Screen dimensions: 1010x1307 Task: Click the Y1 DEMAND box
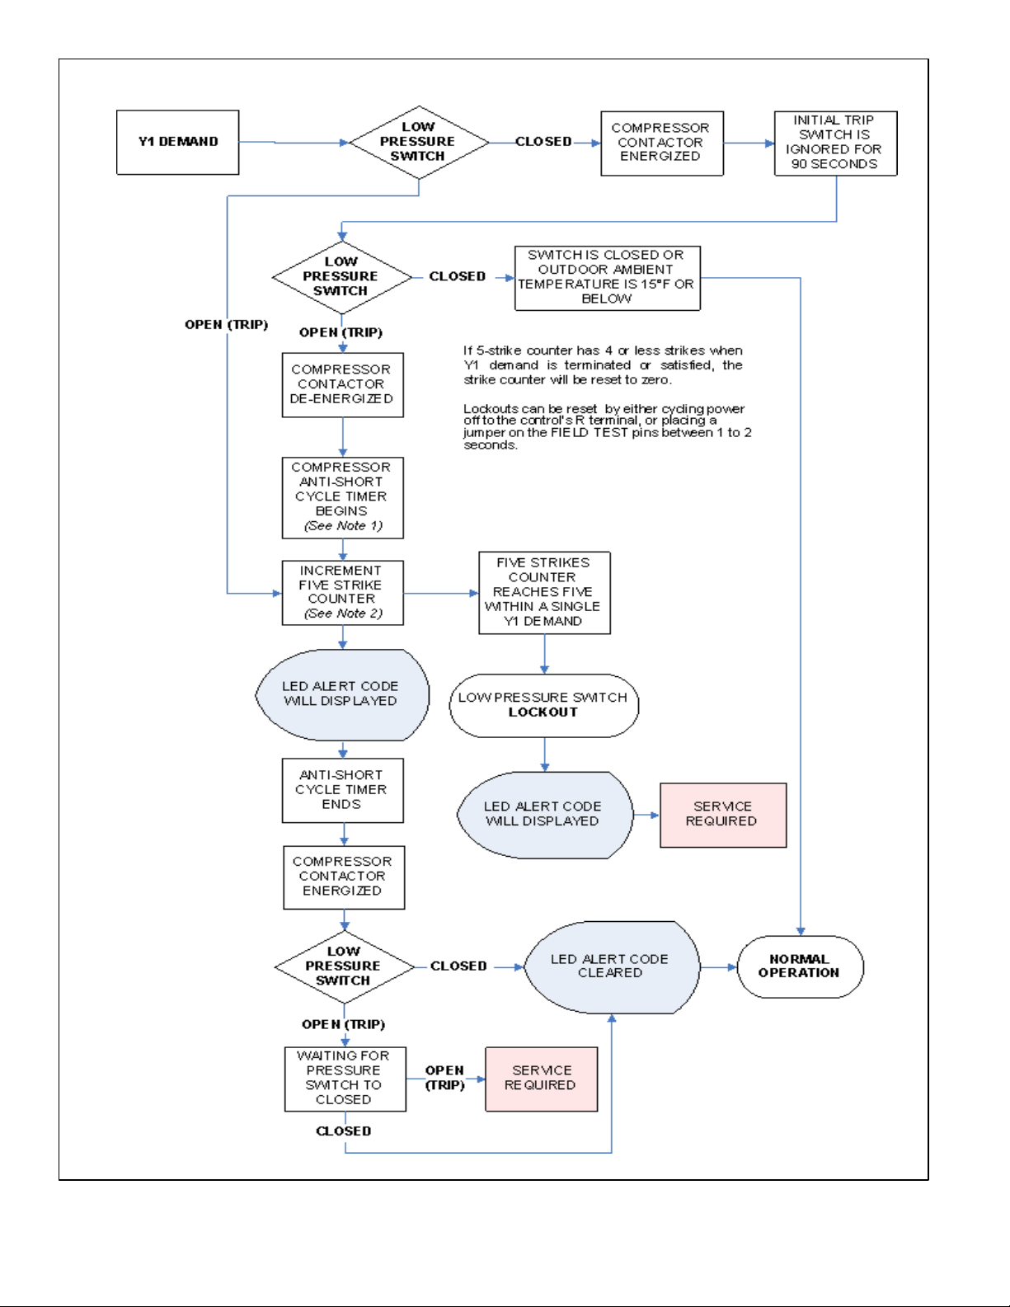pyautogui.click(x=177, y=143)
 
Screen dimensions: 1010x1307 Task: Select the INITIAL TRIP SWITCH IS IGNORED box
pyautogui.click(x=836, y=143)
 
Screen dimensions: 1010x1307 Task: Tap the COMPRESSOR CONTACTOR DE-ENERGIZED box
pyautogui.click(x=343, y=385)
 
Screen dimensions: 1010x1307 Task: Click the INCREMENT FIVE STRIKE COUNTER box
pyautogui.click(x=343, y=593)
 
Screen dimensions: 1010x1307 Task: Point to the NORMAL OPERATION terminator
pyautogui.click(x=801, y=966)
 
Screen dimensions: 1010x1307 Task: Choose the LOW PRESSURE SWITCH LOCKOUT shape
pyautogui.click(x=544, y=706)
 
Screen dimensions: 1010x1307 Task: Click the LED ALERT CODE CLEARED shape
pyautogui.click(x=612, y=967)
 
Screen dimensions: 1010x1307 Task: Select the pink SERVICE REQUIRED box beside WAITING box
pyautogui.click(x=541, y=1079)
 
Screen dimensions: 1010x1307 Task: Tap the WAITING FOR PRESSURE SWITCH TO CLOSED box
pyautogui.click(x=345, y=1079)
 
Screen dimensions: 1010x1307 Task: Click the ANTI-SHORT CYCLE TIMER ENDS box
pyautogui.click(x=343, y=790)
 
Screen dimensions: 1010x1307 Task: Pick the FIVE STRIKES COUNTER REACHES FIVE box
pyautogui.click(x=544, y=593)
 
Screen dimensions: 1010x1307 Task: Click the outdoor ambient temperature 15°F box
pyautogui.click(x=607, y=278)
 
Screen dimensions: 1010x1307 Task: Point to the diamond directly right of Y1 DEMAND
pyautogui.click(x=419, y=143)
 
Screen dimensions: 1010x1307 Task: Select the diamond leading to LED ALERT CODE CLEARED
pyautogui.click(x=345, y=967)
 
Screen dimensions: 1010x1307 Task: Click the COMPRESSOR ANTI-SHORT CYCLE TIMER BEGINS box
pyautogui.click(x=343, y=498)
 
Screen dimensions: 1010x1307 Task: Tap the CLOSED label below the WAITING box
pyautogui.click(x=344, y=1131)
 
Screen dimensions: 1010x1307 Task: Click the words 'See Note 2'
pyautogui.click(x=343, y=614)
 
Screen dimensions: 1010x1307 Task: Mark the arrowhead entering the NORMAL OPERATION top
pyautogui.click(x=801, y=932)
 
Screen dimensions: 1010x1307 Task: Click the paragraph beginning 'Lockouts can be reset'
pyautogui.click(x=607, y=426)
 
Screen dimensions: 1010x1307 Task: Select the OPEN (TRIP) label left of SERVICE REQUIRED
pyautogui.click(x=445, y=1078)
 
